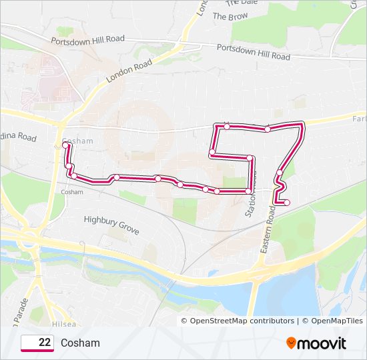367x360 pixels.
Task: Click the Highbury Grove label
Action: coord(111,224)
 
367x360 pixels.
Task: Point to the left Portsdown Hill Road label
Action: coord(88,40)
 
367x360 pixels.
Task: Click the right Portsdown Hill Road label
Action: coord(254,52)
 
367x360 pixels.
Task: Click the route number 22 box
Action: coord(37,343)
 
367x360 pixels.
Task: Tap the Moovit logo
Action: coord(316,343)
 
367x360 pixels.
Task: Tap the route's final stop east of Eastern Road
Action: coord(287,203)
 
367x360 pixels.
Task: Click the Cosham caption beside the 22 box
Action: coord(80,343)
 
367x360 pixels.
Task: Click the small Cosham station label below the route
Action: coord(71,192)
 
